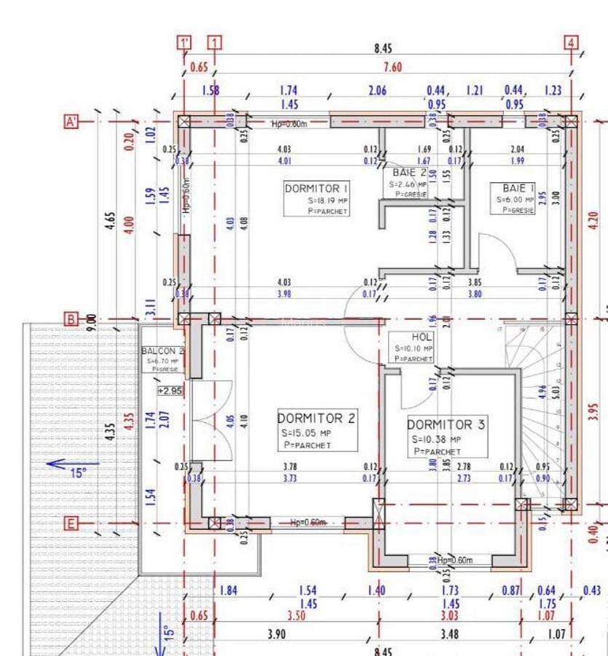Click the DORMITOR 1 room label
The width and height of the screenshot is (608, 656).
point(312,188)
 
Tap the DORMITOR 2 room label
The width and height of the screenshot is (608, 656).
point(316,418)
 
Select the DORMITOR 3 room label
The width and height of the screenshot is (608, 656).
point(446,424)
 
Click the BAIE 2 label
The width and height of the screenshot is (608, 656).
point(409,173)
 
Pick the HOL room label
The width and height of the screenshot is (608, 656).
point(422,337)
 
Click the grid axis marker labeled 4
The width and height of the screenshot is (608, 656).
point(572,42)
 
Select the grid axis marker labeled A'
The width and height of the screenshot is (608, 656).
point(71,121)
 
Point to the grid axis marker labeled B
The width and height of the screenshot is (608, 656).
point(71,319)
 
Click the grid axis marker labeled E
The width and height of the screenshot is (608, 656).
point(71,523)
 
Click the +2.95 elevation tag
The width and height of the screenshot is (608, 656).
point(170,391)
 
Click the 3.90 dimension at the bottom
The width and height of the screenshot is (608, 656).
point(276,635)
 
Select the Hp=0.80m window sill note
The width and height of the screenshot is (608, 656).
point(289,123)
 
